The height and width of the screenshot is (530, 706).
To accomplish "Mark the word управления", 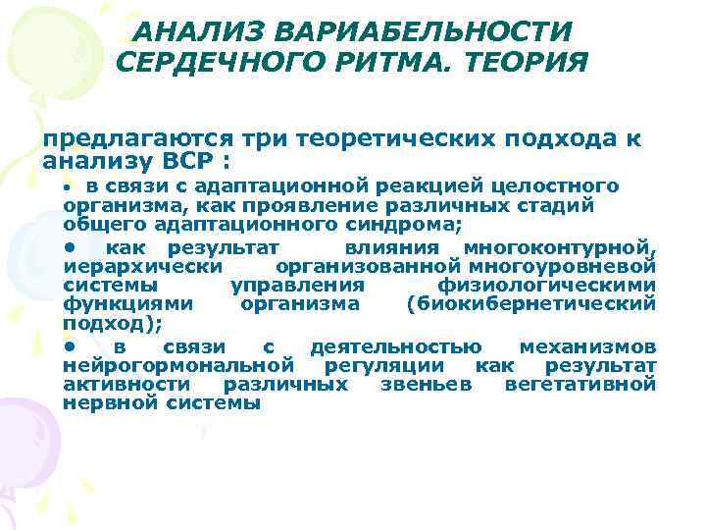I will (x=297, y=285).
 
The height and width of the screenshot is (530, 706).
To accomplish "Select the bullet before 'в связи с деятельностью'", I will (x=69, y=346).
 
